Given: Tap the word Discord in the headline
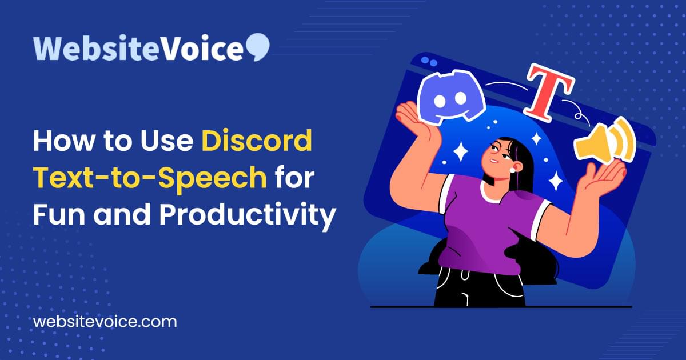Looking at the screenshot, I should point(257,141).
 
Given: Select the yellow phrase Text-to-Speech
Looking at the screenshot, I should point(150,178).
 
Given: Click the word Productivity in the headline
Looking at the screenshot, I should point(247,215).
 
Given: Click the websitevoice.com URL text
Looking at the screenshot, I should point(105,321).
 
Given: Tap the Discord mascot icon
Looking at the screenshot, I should point(450,98).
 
